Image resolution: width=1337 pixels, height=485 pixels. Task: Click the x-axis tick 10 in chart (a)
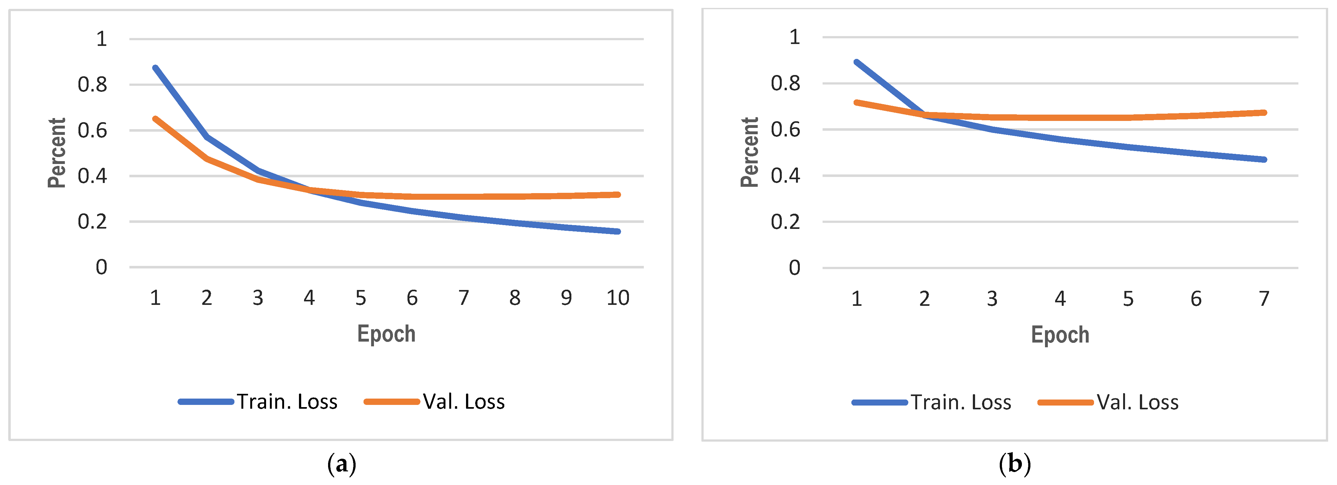click(618, 298)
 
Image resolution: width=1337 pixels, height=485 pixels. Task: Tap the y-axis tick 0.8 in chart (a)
click(92, 85)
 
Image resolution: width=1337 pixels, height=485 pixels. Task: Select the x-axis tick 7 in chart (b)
click(1264, 299)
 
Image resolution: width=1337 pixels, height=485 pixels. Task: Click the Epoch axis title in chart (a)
click(386, 334)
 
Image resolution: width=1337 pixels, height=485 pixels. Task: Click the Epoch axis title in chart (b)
click(1060, 335)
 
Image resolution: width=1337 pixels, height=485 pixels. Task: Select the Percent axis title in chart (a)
click(57, 153)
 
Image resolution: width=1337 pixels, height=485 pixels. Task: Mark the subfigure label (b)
click(1014, 464)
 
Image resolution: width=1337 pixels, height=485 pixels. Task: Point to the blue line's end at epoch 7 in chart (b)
click(1264, 160)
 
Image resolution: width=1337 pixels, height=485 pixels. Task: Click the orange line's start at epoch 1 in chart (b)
click(856, 102)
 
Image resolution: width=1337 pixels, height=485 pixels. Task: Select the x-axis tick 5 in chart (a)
click(361, 298)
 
